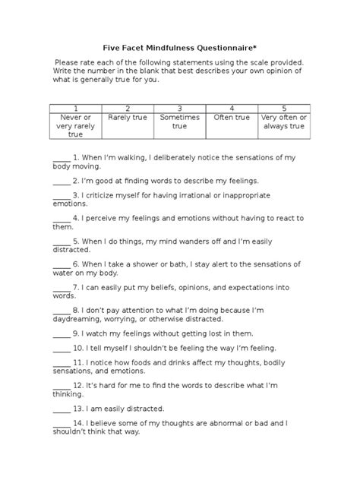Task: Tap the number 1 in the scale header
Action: [75, 108]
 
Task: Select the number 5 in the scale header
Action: [283, 108]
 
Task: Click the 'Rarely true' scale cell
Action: [127, 118]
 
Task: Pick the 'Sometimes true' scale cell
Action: [179, 122]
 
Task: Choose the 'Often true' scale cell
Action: [231, 118]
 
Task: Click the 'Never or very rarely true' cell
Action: [75, 125]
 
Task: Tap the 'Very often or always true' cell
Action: [283, 122]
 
